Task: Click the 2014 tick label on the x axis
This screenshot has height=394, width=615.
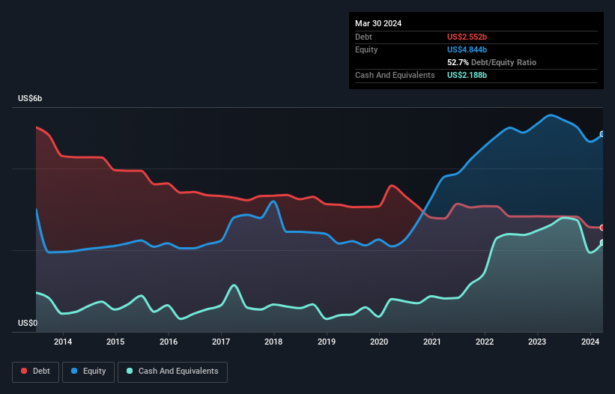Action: coord(63,342)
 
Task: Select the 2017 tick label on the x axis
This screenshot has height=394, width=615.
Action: coord(221,342)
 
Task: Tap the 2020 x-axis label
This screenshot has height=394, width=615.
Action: coord(379,342)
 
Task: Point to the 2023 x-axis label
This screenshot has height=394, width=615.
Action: coord(537,342)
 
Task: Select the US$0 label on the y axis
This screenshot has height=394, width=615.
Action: coord(28,324)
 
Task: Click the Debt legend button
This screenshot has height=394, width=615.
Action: coord(34,372)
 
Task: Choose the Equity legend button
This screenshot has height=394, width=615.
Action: coord(89,372)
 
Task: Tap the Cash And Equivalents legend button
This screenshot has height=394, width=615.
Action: coord(172,372)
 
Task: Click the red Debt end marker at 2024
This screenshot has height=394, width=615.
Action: coord(602,228)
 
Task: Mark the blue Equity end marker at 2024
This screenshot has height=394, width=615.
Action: coord(602,135)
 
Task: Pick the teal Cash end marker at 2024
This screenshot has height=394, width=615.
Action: coord(602,243)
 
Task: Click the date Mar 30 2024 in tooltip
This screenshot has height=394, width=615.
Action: coord(378,23)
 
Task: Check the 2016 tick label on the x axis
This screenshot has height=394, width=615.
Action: coord(169,342)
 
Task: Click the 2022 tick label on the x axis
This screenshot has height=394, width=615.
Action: coord(485,342)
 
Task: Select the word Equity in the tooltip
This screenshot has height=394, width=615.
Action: coord(366,49)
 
